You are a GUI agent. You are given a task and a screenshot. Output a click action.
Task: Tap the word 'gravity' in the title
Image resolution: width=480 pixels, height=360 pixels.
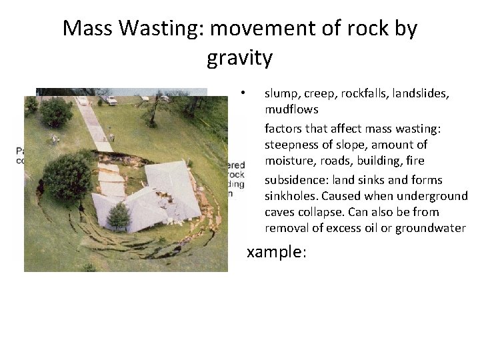[239, 58]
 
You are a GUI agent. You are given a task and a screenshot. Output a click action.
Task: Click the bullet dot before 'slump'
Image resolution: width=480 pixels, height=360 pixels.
[245, 92]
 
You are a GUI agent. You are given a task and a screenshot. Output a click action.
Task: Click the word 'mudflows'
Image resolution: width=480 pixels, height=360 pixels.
[291, 109]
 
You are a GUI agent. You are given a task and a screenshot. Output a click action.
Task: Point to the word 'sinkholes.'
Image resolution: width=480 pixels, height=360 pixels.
[293, 196]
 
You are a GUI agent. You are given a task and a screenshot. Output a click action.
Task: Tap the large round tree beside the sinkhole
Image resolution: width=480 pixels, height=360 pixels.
[66, 177]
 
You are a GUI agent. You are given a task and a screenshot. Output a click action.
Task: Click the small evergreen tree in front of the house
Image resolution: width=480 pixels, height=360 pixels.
[118, 217]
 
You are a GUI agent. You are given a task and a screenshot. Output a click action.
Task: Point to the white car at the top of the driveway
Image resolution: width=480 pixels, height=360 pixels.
[82, 101]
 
